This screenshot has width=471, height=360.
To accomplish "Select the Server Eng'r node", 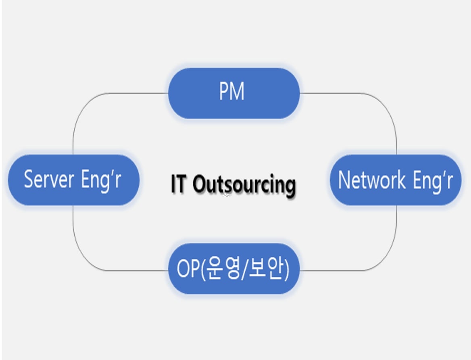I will click(x=73, y=180).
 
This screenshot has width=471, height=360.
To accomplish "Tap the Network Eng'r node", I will click(x=395, y=180).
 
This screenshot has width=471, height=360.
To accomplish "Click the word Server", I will click(x=49, y=179).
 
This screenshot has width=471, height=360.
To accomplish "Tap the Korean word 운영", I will click(x=218, y=270).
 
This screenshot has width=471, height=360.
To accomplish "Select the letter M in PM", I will click(x=238, y=92).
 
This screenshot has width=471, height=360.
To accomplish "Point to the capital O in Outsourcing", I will click(x=200, y=184).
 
